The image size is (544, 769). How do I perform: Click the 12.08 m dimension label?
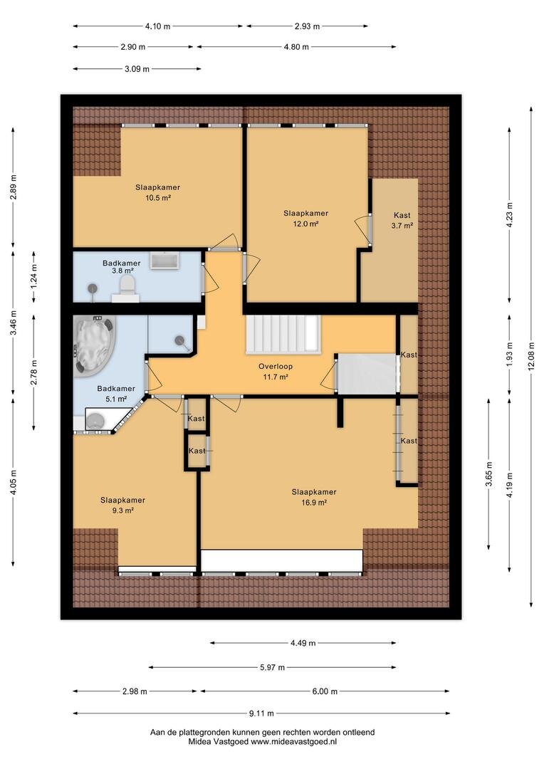(531, 357)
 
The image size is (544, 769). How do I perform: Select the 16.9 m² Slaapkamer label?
(314, 497)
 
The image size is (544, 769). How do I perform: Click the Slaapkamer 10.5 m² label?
(158, 192)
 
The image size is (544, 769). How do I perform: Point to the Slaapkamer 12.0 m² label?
(305, 219)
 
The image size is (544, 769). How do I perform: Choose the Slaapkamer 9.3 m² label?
(122, 505)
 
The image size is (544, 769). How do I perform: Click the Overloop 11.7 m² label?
(276, 371)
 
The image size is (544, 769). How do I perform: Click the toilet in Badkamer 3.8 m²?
(127, 286)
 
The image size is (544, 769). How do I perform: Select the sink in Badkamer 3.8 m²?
(164, 261)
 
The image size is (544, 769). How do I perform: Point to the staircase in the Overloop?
(283, 333)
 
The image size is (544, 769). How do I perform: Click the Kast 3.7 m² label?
(402, 220)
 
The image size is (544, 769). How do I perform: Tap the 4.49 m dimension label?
(303, 642)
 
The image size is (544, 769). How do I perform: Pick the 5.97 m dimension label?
(272, 667)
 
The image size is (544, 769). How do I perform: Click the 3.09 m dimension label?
(137, 68)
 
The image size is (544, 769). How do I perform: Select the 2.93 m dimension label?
(307, 26)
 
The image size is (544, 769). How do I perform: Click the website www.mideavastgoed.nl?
(294, 741)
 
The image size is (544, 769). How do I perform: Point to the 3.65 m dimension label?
(488, 474)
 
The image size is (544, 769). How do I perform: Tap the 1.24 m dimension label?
(34, 277)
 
